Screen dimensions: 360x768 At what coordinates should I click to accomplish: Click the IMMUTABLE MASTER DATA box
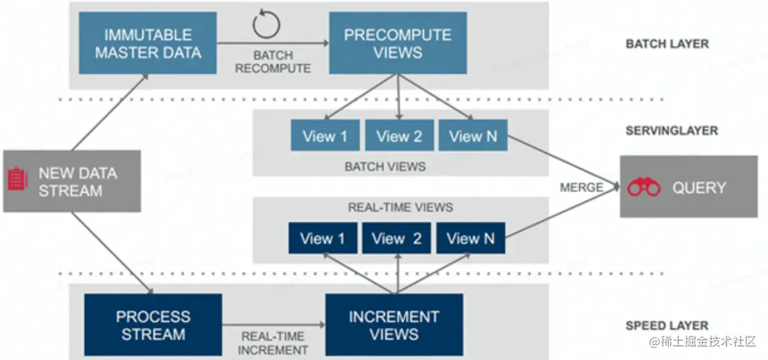coord(148,43)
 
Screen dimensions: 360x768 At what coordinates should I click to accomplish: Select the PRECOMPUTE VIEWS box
coord(398,43)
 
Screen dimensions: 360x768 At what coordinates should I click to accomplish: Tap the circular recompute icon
coord(266,25)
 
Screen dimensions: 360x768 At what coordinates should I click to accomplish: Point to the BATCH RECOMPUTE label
coord(272,62)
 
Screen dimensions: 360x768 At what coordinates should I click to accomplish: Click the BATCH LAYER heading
coord(667,44)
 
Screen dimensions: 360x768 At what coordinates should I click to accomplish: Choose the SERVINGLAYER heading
coord(671,130)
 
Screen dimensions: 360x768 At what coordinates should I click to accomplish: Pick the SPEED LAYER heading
coord(666,326)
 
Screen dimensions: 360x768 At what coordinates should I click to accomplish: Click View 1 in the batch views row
coord(325,137)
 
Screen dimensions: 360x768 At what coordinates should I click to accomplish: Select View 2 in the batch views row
coord(399,137)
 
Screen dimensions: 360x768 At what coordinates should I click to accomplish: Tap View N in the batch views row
coord(473,137)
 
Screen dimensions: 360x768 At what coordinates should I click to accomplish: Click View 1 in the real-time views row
coord(322,239)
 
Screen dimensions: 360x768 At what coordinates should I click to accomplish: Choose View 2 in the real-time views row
coord(397,239)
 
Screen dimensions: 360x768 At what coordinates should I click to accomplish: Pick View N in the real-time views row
coord(470,239)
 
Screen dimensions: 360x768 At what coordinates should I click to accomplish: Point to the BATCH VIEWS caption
coord(385,167)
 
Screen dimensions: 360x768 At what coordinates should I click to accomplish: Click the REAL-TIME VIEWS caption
coord(400,207)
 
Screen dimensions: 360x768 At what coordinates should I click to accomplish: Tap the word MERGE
coord(581,188)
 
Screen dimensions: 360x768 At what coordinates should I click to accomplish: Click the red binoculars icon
coord(644,188)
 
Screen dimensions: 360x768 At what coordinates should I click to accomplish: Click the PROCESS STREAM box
coord(153,325)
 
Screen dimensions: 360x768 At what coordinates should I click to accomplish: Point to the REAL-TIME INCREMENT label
coord(274,343)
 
